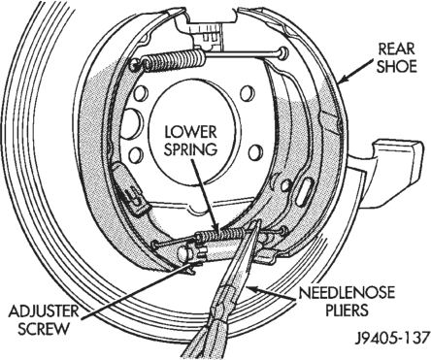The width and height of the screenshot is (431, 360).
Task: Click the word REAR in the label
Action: coord(396,49)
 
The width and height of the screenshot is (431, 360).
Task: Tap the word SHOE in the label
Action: coord(396,67)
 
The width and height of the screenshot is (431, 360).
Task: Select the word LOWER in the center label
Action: coord(190,132)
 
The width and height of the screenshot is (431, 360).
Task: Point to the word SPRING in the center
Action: coord(190,149)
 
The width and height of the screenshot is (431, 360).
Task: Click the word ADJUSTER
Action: coord(43,311)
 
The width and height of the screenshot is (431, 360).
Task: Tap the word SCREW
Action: coord(44,329)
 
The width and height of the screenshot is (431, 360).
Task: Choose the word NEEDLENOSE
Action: coord(347,293)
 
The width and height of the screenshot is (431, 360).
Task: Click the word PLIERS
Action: coord(347,311)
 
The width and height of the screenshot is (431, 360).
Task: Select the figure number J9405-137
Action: coord(392,338)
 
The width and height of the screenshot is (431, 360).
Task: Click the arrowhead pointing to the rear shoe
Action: coord(344,81)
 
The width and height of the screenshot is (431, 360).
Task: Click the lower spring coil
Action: coord(221,234)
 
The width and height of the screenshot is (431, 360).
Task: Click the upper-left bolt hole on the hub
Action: coord(141,93)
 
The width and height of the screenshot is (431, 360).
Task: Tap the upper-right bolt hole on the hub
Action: coord(247,93)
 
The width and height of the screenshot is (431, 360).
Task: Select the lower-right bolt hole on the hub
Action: coord(255,152)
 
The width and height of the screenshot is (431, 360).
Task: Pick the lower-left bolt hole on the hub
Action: coord(135,154)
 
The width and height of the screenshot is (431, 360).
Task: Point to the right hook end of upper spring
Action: coord(282,52)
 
